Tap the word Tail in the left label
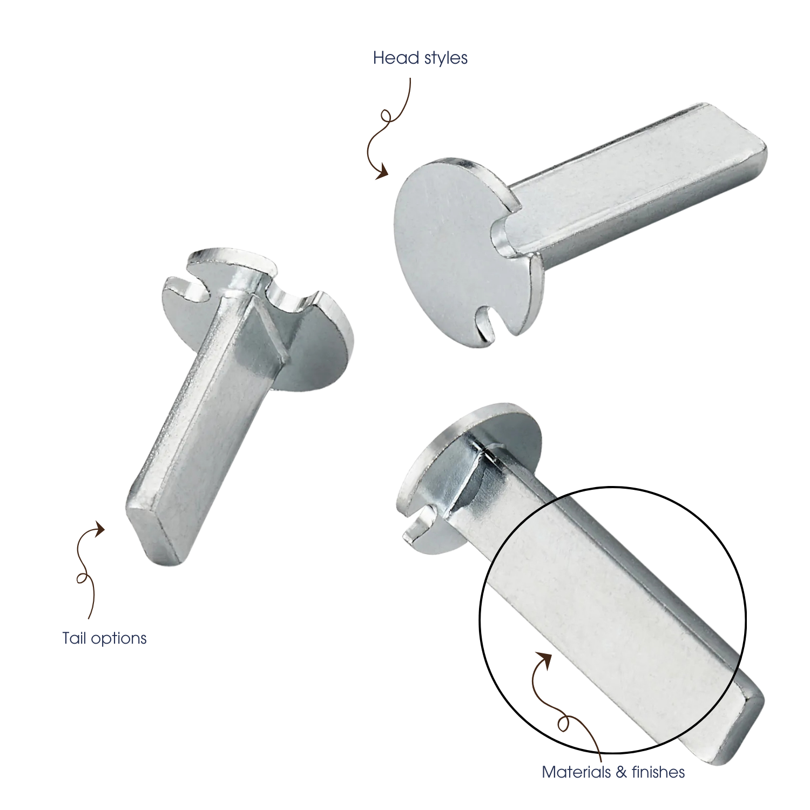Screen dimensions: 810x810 [73, 638]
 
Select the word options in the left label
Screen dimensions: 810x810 [118, 639]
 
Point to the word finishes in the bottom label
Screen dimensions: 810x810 [658, 772]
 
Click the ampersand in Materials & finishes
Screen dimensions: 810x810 [620, 772]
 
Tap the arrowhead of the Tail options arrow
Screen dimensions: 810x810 [99, 529]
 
